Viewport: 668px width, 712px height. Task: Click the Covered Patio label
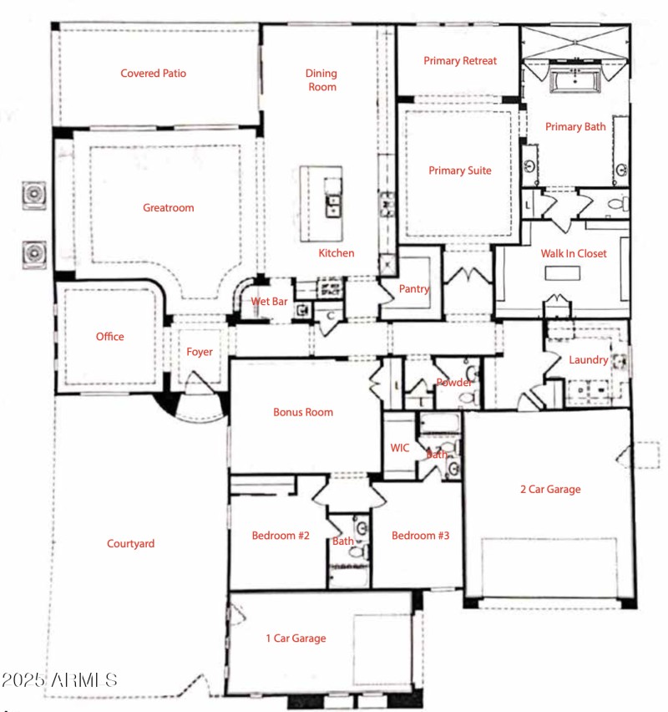tap(153, 74)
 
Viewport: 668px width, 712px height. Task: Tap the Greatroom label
tap(168, 208)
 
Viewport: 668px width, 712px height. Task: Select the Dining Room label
tap(321, 80)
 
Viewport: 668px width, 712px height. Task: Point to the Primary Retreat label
tap(460, 61)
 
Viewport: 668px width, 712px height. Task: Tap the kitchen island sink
tap(333, 205)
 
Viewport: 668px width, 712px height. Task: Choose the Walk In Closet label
tap(574, 253)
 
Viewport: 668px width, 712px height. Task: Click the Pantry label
tap(414, 289)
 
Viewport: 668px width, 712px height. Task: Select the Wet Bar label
tap(270, 302)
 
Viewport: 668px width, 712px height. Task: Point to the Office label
tap(109, 337)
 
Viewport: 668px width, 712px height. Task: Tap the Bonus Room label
tap(303, 412)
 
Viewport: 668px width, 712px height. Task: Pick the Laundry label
tap(588, 360)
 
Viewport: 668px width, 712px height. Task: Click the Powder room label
tap(455, 383)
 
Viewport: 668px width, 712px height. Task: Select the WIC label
tap(400, 448)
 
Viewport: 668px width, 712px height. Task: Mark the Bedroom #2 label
tap(281, 536)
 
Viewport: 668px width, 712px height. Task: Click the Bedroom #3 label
tap(421, 536)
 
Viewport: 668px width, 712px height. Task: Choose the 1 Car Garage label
tap(296, 638)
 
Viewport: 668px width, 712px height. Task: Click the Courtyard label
tap(130, 544)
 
